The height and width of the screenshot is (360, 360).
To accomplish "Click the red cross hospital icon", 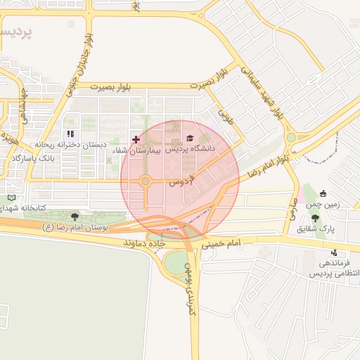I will [136, 140].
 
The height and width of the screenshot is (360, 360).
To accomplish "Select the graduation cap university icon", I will [189, 139].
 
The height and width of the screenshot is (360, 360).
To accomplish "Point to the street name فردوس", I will [181, 181].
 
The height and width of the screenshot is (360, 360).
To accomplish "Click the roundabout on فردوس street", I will [146, 181].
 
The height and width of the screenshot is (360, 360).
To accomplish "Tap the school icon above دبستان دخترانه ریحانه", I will [70, 134].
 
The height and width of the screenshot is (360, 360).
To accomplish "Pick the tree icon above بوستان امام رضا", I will [75, 216].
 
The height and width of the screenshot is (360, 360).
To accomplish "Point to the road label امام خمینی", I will [221, 245].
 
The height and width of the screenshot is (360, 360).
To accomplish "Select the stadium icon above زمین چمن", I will [323, 193].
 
